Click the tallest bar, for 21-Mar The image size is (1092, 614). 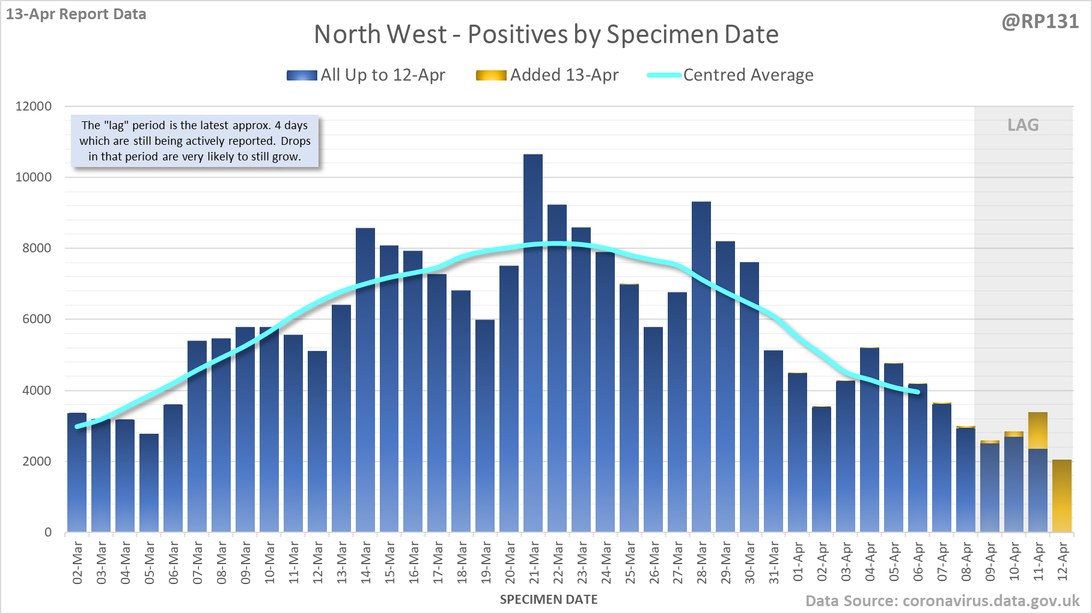533,342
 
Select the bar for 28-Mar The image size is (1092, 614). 701,366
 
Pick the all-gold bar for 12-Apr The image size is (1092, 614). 1062,496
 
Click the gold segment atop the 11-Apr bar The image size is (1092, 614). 1038,430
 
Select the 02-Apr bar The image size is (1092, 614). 822,469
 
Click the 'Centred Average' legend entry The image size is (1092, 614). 730,75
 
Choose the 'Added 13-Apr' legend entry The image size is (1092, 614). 547,75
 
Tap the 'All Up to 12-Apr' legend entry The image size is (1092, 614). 366,75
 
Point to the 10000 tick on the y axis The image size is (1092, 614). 34,177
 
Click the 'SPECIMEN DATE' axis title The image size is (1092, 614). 549,600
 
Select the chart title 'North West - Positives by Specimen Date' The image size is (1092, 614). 546,34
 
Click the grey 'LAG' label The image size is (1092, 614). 1023,125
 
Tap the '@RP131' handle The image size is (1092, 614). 1040,22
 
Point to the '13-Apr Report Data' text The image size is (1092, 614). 76,14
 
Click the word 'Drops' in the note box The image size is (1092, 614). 296,141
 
